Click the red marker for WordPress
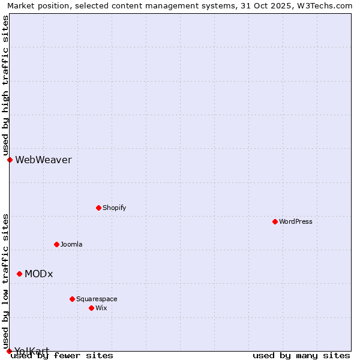[x=275, y=221]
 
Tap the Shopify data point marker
[x=98, y=208]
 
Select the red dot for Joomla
[x=56, y=244]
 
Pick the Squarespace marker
[x=72, y=299]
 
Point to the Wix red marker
[x=91, y=308]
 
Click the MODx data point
[x=19, y=274]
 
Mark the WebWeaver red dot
[x=10, y=160]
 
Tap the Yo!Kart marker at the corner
[x=9, y=351]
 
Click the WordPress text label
[x=296, y=221]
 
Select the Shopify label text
[x=114, y=208]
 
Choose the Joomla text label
[x=71, y=244]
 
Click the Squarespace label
[x=97, y=299]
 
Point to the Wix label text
[x=101, y=308]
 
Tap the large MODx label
[x=39, y=274]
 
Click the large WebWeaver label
[x=43, y=160]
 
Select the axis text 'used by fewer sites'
[x=62, y=356]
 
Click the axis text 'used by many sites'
[x=301, y=356]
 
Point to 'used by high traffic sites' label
[x=5, y=85]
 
